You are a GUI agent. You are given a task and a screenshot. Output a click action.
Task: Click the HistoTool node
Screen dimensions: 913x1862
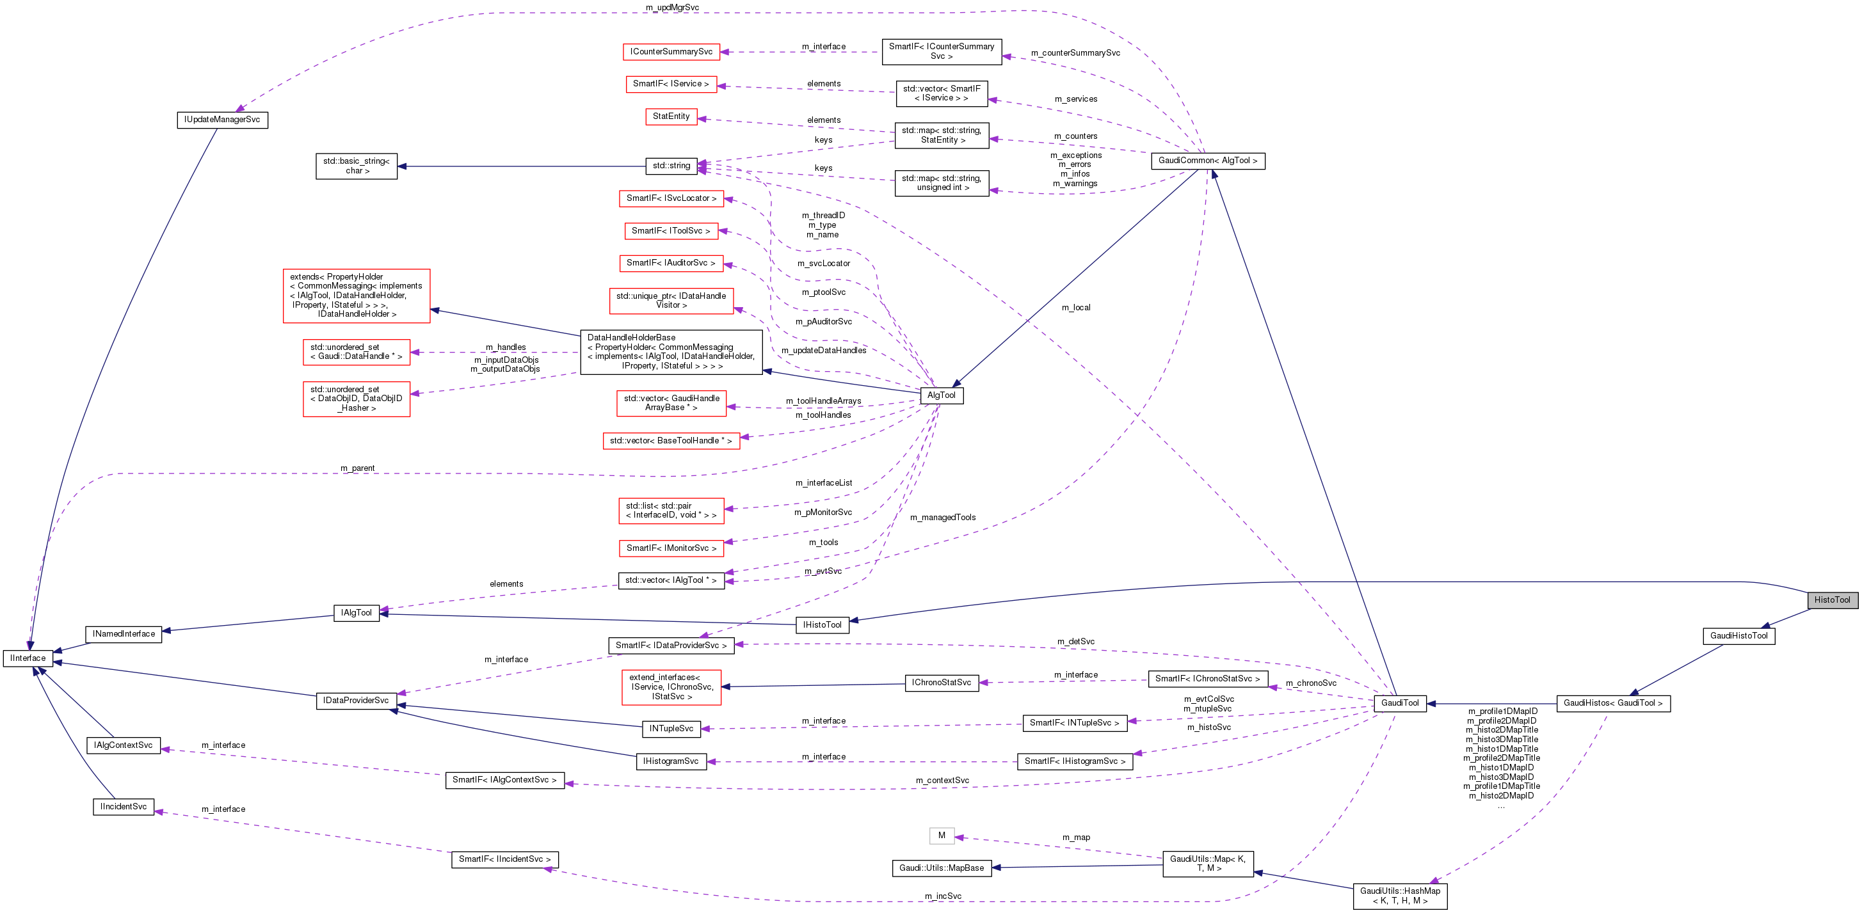pyautogui.click(x=1832, y=599)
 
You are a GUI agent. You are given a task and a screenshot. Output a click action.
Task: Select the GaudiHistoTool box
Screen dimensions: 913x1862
pyautogui.click(x=1738, y=635)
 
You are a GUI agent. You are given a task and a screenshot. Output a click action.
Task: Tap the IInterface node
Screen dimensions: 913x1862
pyautogui.click(x=28, y=658)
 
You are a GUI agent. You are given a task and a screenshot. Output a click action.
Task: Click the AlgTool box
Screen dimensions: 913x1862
pyautogui.click(x=941, y=395)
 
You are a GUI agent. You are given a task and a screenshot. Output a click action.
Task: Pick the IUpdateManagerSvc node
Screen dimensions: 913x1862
pyautogui.click(x=222, y=119)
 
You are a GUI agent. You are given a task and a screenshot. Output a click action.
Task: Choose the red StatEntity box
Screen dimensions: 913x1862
pyautogui.click(x=671, y=116)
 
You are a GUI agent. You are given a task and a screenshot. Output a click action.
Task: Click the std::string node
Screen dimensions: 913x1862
pyautogui.click(x=671, y=166)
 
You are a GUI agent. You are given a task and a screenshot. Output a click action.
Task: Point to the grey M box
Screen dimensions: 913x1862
pyautogui.click(x=941, y=836)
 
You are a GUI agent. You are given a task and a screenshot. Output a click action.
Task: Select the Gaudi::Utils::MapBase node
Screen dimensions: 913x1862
pyautogui.click(x=941, y=868)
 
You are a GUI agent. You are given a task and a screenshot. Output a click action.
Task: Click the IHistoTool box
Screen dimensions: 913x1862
pyautogui.click(x=822, y=625)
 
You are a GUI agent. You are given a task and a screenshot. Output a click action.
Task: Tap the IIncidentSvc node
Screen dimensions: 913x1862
pyautogui.click(x=124, y=806)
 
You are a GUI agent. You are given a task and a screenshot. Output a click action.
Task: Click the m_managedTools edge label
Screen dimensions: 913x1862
pyautogui.click(x=943, y=517)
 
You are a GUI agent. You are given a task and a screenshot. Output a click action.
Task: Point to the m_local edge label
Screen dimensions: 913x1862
pyautogui.click(x=1075, y=308)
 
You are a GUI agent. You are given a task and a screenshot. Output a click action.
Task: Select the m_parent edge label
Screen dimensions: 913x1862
pyautogui.click(x=358, y=468)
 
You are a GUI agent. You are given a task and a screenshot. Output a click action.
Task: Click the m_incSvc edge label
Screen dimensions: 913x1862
pyautogui.click(x=943, y=896)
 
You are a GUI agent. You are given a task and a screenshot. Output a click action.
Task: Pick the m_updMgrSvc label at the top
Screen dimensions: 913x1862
pyautogui.click(x=672, y=7)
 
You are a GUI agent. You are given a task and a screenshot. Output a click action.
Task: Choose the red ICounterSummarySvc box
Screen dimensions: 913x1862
pyautogui.click(x=671, y=52)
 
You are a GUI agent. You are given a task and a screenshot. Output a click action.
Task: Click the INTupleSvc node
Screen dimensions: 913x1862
pyautogui.click(x=671, y=728)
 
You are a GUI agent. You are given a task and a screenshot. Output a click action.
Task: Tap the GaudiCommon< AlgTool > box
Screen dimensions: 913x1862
pyautogui.click(x=1207, y=161)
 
